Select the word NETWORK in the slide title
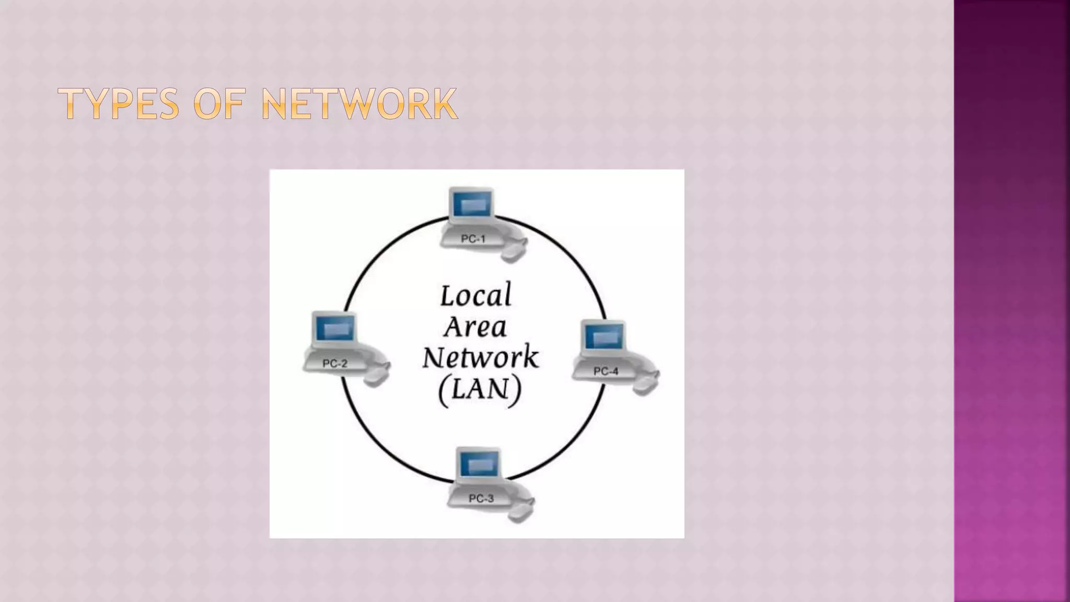359,104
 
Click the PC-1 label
473,239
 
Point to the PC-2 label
335,364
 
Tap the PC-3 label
481,499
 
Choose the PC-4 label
606,371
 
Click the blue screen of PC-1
472,204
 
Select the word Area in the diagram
475,327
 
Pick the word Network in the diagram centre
480,357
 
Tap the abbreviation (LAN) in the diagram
480,389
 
